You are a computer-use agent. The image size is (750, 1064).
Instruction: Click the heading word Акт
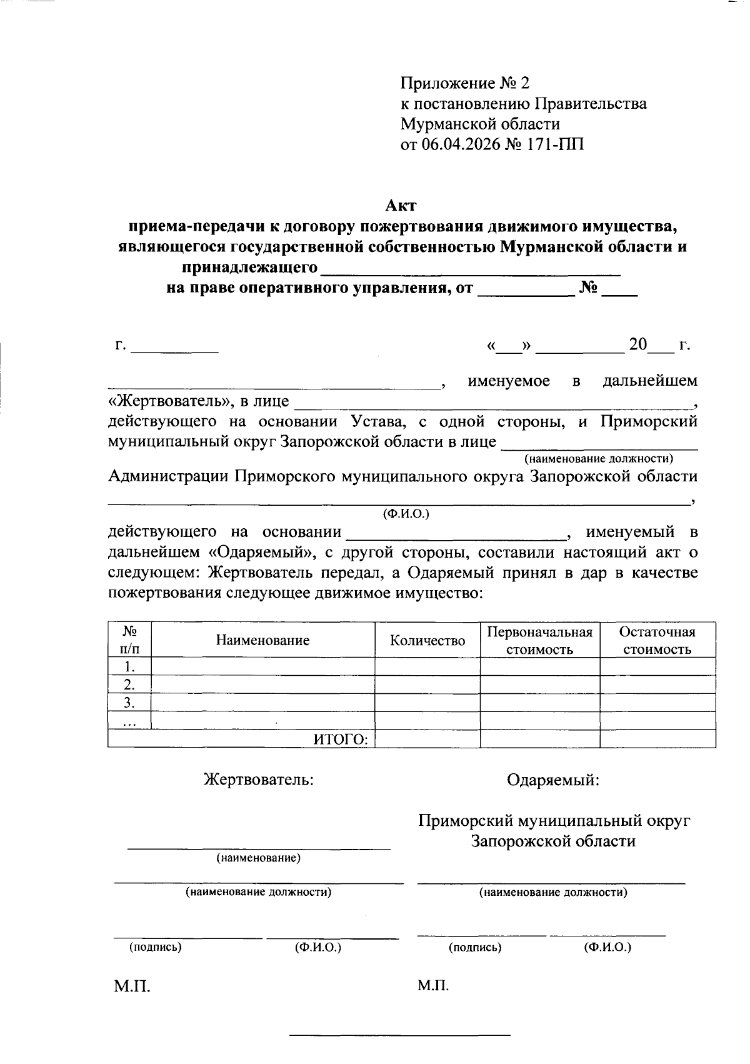401,205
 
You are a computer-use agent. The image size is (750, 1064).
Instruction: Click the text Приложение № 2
464,83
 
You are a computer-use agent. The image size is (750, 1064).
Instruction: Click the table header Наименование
262,640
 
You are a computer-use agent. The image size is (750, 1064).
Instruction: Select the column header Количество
427,640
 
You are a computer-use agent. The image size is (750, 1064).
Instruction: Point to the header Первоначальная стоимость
539,640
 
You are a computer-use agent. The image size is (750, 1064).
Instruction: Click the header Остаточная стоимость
657,640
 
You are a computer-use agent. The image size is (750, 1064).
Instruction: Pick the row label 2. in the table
129,684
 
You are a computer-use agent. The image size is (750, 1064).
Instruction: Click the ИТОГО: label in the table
341,739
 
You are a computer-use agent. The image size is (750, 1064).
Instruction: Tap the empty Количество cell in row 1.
427,666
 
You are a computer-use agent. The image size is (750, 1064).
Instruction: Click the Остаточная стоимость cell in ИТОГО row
657,739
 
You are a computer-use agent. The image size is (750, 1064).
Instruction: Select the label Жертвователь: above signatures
259,780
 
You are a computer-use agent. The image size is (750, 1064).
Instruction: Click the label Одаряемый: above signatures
553,780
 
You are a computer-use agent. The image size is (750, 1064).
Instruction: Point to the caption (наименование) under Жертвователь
259,858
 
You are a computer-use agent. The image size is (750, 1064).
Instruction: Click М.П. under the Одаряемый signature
433,986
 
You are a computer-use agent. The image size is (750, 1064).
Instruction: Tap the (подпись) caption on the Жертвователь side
155,947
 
